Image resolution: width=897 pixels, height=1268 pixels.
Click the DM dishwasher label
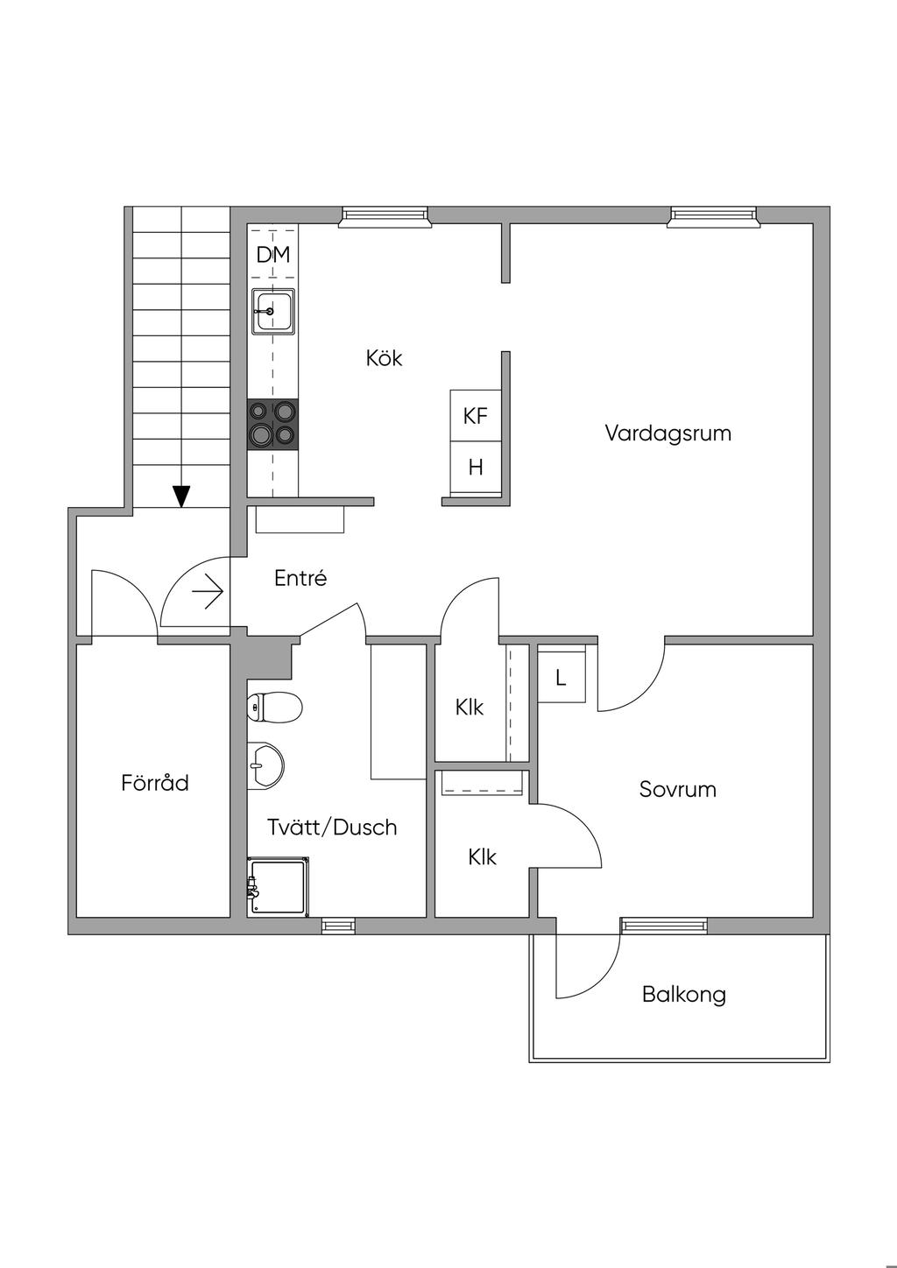point(272,255)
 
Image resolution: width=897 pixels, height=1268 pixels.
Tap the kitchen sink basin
point(272,311)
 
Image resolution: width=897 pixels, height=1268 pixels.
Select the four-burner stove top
point(272,425)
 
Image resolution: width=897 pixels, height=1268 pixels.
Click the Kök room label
point(385,358)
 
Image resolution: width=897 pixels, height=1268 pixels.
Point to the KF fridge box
point(476,415)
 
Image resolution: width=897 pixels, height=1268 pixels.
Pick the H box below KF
point(476,468)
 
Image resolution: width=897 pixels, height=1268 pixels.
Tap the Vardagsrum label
point(667,433)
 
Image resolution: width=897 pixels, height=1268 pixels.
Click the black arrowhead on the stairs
point(181,497)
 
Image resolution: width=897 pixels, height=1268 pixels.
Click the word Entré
point(300,578)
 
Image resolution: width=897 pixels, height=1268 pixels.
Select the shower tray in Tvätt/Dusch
point(279,886)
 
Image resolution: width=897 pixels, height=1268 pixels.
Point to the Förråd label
point(155,782)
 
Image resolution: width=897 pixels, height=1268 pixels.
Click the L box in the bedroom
point(561,677)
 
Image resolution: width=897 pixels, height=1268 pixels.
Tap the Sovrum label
point(677,789)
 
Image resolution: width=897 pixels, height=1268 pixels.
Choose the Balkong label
point(683,994)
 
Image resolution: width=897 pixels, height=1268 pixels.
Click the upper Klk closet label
point(470,707)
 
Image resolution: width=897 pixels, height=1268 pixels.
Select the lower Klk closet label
point(482,856)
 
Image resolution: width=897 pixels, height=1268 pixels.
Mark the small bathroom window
point(338,925)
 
